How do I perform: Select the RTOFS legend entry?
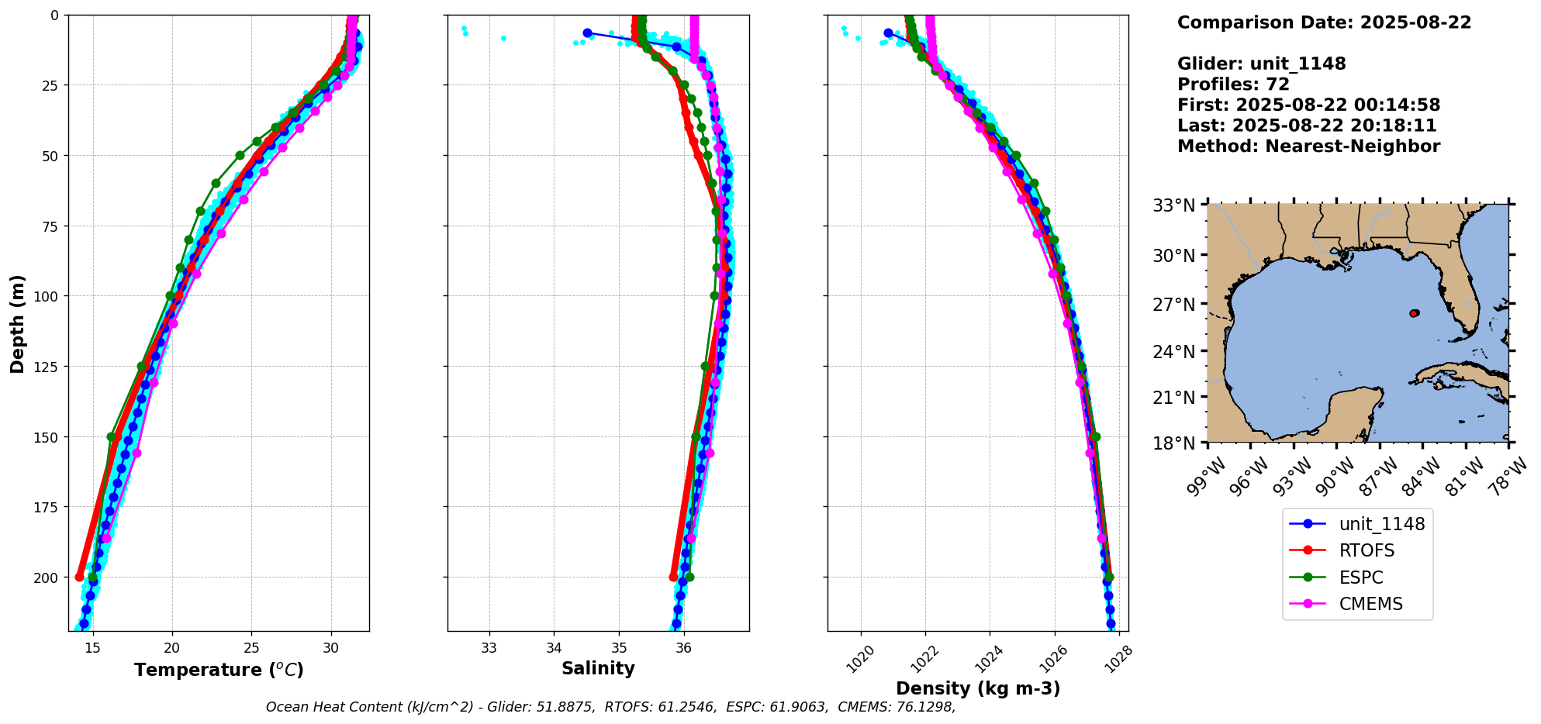click(1367, 551)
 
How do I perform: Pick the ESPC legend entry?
click(1361, 577)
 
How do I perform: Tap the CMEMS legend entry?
click(1370, 605)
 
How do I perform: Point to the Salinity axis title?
click(598, 668)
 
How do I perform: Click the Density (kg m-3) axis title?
click(978, 688)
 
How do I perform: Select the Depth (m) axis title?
click(18, 323)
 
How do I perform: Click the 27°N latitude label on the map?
click(1173, 304)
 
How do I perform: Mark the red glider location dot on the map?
click(1414, 313)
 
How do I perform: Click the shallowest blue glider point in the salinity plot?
click(587, 33)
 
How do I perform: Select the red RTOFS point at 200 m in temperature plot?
click(79, 577)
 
